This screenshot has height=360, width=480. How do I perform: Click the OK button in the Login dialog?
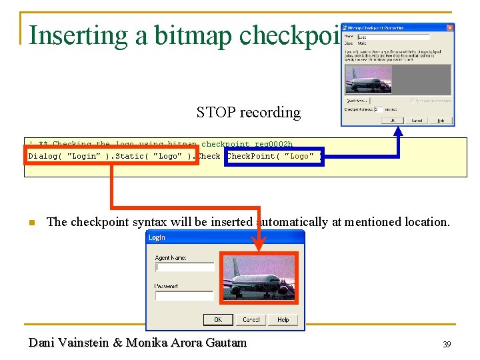(x=218, y=320)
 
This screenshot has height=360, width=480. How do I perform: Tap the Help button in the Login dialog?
(x=283, y=320)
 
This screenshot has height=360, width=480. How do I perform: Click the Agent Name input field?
(x=185, y=267)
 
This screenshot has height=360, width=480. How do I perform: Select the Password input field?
(x=185, y=295)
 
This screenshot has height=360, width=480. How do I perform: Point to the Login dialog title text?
(x=157, y=237)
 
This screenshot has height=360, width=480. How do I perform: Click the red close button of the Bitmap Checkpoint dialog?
(x=450, y=27)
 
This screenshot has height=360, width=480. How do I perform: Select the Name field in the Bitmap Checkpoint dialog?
(x=393, y=37)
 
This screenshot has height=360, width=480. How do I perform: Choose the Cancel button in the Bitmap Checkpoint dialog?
(x=417, y=121)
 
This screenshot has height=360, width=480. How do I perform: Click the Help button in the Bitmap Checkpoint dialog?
(x=440, y=121)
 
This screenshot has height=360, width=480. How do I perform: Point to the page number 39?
(x=447, y=345)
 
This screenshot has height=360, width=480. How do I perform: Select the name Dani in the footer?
(x=42, y=343)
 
